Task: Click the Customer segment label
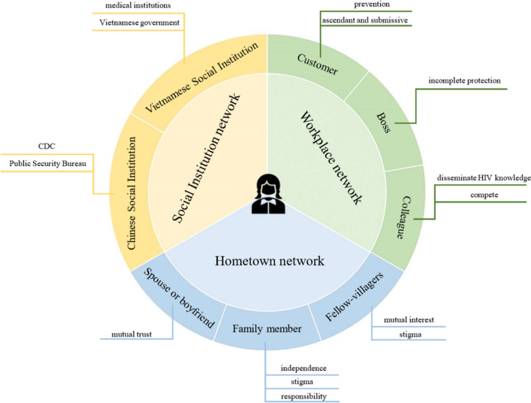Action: pyautogui.click(x=317, y=65)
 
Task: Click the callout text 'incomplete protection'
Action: pyautogui.click(x=464, y=81)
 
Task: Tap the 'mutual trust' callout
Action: pyautogui.click(x=133, y=334)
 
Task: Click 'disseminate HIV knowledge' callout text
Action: pyautogui.click(x=484, y=178)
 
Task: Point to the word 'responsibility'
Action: pyautogui.click(x=304, y=396)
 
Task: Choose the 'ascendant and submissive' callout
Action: pyautogui.click(x=365, y=20)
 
